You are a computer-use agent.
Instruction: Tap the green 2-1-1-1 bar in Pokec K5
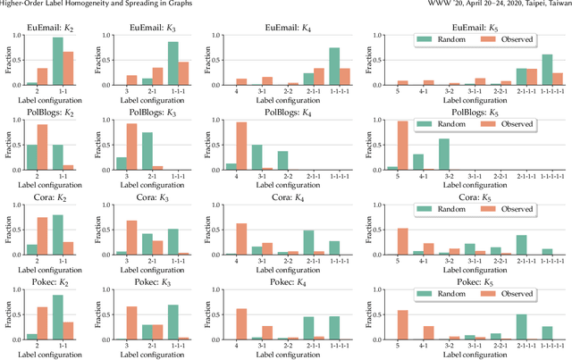tap(521, 327)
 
